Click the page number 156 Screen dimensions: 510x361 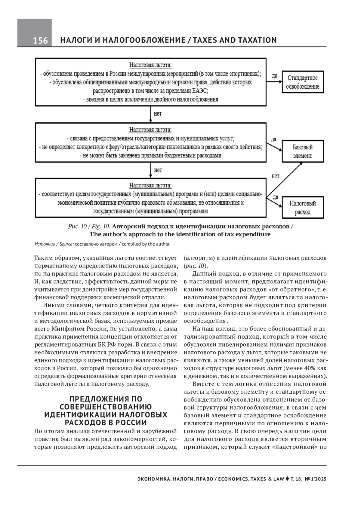pyautogui.click(x=40, y=41)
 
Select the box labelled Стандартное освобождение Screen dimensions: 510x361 pyautogui.click(x=302, y=82)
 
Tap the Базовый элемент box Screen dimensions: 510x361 pyautogui.click(x=302, y=151)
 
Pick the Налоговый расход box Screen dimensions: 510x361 pyautogui.click(x=302, y=208)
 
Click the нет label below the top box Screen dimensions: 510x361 pyautogui.click(x=158, y=114)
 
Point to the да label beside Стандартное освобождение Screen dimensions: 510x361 pyautogui.click(x=274, y=76)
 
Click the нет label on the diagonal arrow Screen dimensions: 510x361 pyautogui.click(x=275, y=176)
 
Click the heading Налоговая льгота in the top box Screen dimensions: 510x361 pyautogui.click(x=150, y=65)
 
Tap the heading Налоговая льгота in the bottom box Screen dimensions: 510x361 pyautogui.click(x=150, y=185)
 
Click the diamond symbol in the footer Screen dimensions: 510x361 pyautogui.click(x=287, y=479)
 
